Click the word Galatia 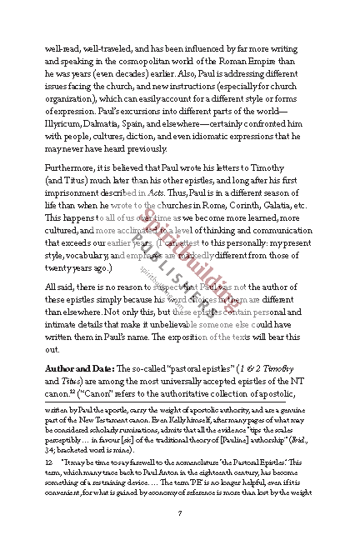(282, 205)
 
